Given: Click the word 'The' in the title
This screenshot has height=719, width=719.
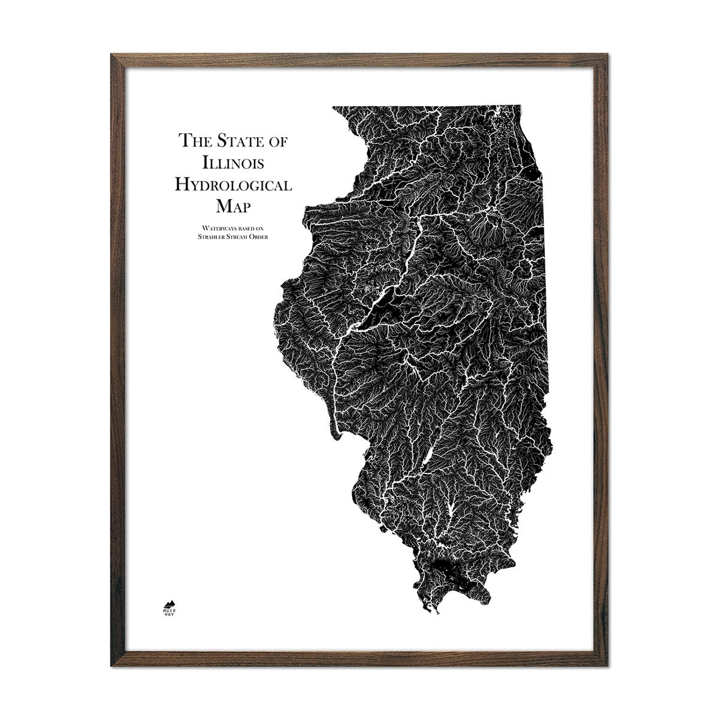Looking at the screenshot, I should (194, 142).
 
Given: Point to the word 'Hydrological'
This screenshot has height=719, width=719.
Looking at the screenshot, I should (232, 185).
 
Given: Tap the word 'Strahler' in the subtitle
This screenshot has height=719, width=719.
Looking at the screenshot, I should (202, 235).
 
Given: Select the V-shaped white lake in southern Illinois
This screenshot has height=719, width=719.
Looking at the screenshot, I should (448, 510).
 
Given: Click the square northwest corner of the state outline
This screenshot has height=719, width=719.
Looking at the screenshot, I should (334, 108).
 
